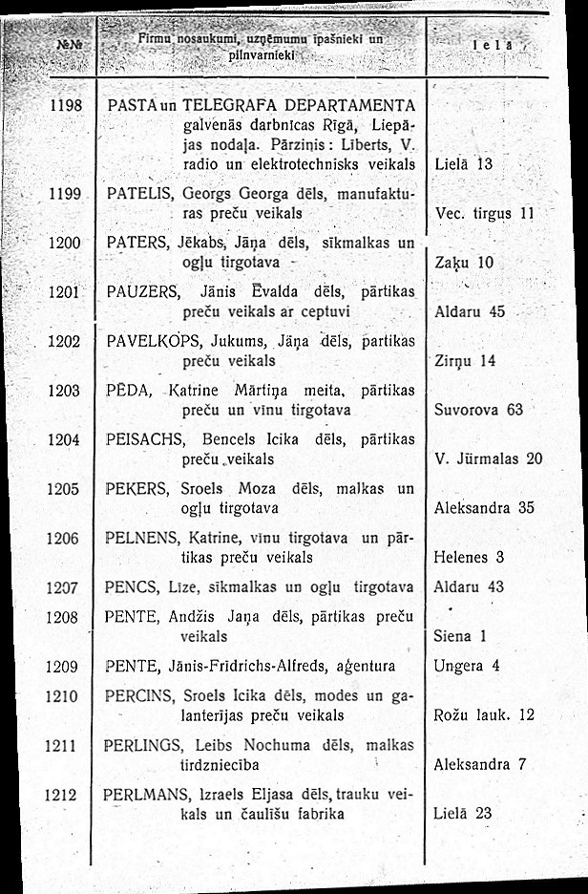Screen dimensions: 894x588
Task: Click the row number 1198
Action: tap(63, 105)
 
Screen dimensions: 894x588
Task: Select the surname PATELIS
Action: tap(139, 194)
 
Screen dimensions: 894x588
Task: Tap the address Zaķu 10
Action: tap(463, 261)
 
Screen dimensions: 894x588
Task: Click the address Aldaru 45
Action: tap(470, 311)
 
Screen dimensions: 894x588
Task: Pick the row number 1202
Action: tap(63, 341)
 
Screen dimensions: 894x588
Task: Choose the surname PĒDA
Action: tap(126, 391)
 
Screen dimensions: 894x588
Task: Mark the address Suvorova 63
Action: tap(479, 410)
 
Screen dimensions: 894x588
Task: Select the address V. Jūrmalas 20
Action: tap(488, 459)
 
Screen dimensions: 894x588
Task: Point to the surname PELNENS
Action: tap(144, 538)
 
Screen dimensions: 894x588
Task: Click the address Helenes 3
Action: tap(469, 557)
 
